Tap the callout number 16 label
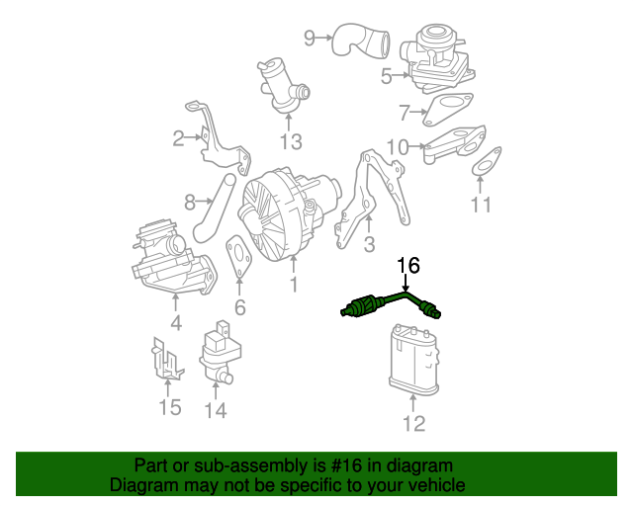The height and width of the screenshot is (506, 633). pos(408,265)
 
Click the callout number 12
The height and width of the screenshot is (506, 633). pos(413,424)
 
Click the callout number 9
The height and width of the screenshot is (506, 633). pos(310,38)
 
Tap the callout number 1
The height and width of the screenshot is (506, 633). pos(293,286)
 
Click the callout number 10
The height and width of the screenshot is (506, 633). pos(397,148)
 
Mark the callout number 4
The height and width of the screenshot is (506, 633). pos(175,321)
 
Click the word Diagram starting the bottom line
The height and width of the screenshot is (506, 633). pos(140,485)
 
